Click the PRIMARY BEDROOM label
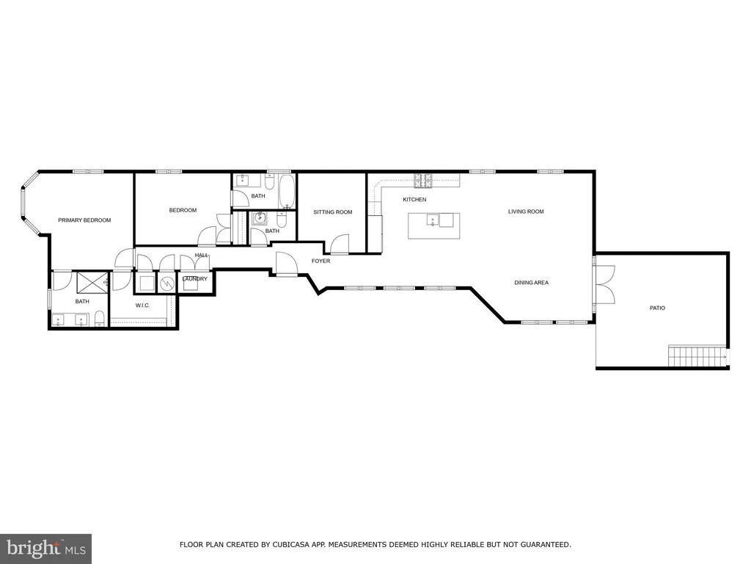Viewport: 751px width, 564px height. click(84, 220)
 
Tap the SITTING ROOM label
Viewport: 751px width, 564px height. click(333, 212)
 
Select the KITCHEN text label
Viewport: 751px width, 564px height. click(414, 200)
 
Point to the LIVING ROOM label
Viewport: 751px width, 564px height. click(526, 211)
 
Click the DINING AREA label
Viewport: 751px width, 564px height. click(531, 283)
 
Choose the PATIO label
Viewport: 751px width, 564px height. click(657, 308)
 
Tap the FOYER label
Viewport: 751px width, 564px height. click(320, 261)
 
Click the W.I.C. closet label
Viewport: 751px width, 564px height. click(142, 305)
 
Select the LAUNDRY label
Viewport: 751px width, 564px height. click(194, 279)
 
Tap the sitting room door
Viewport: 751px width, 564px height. click(339, 245)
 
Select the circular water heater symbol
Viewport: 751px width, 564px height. click(167, 283)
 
